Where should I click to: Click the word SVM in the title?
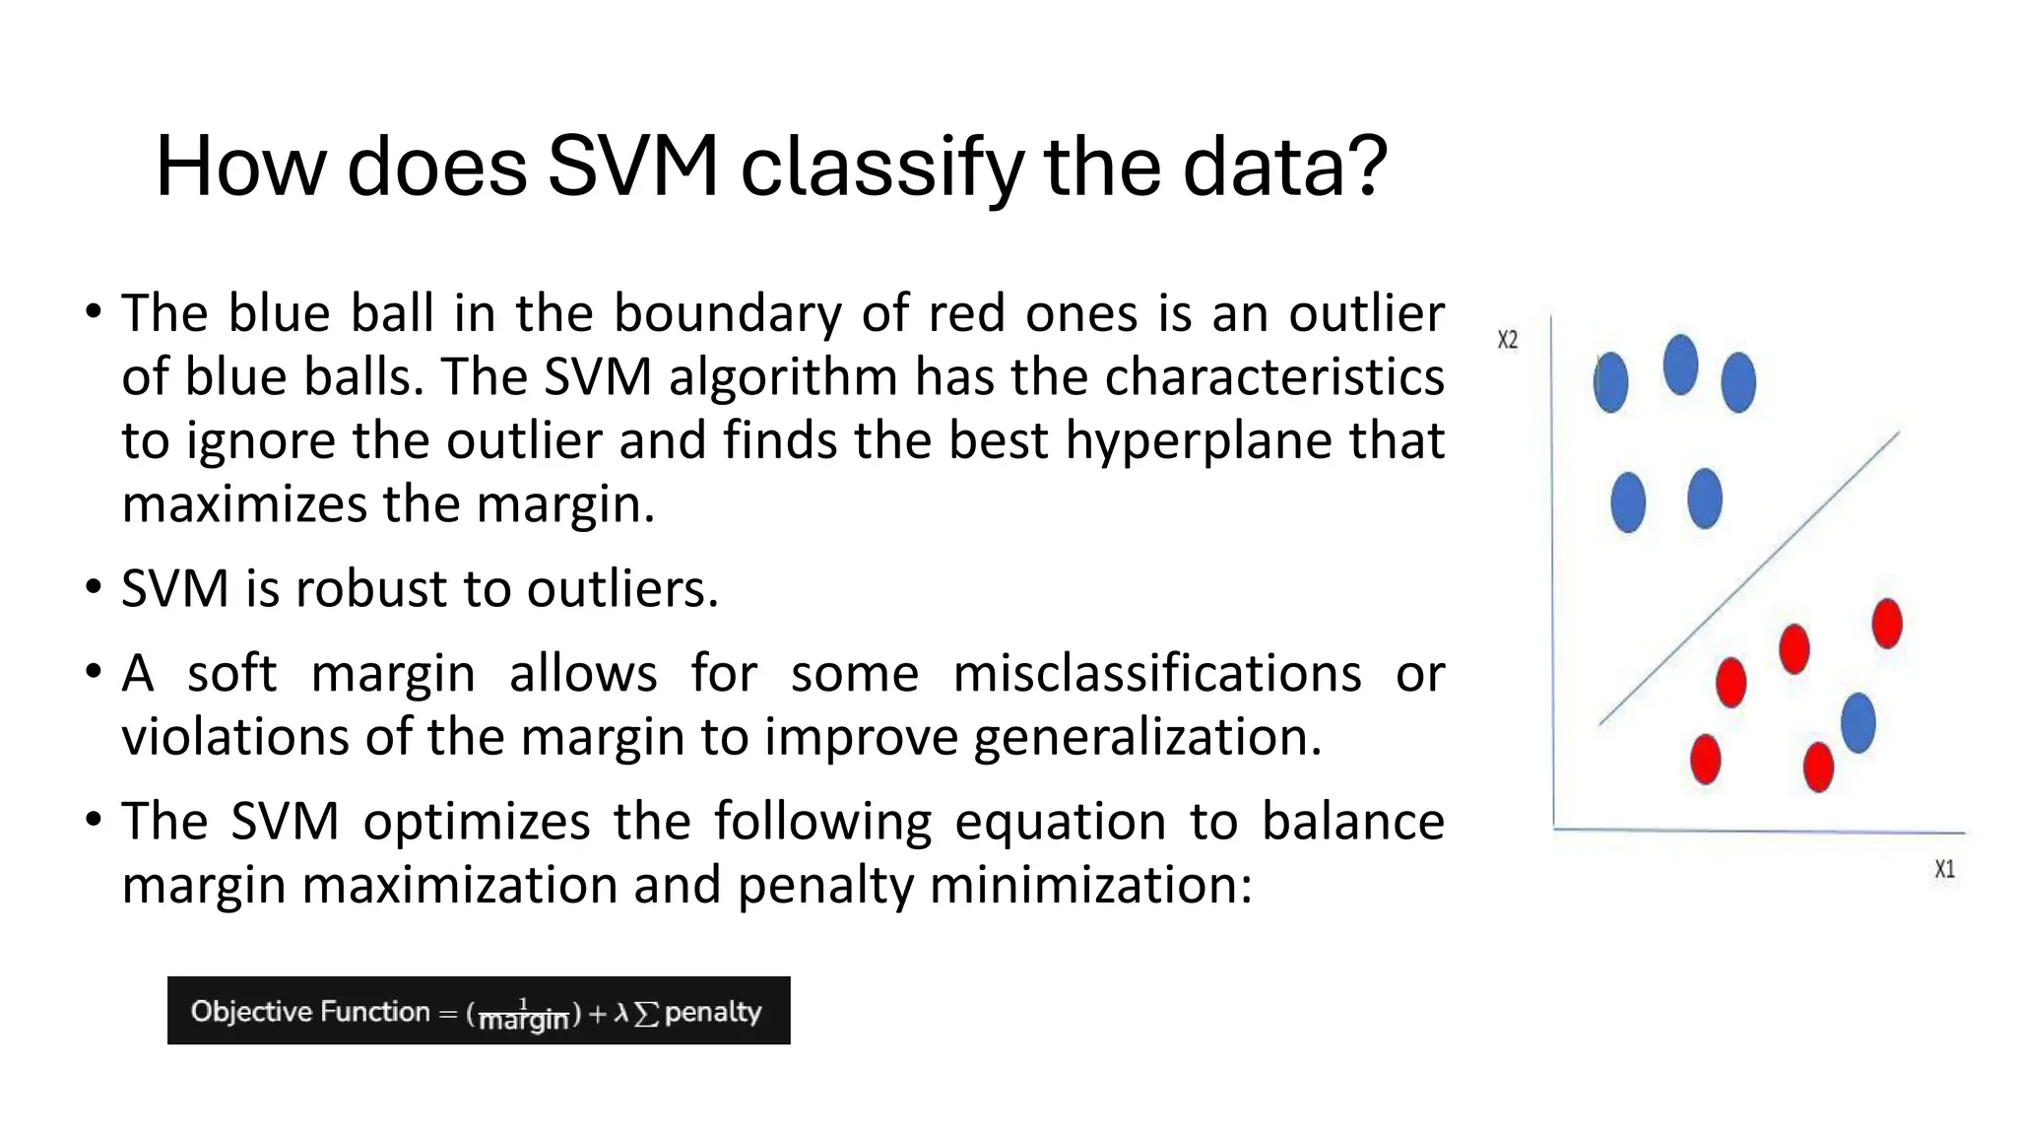click(632, 166)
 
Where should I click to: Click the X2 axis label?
click(1507, 340)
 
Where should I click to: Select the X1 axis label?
click(1944, 869)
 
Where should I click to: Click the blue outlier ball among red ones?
click(1857, 723)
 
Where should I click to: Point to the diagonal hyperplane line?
click(1749, 578)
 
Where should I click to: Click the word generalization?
click(1147, 737)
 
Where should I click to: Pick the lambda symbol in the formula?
click(621, 1012)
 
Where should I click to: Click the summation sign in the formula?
click(646, 1013)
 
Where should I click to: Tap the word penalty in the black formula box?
click(713, 1012)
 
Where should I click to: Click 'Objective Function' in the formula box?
click(310, 1011)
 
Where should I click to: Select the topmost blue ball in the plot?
click(1680, 365)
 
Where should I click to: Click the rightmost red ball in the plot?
click(1887, 624)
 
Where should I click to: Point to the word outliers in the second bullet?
click(622, 588)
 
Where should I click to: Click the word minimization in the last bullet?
click(1090, 884)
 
